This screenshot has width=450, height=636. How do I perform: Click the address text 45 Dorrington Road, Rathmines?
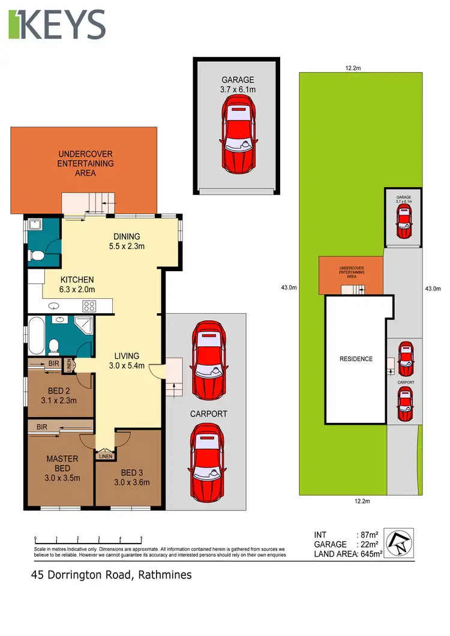[112, 575]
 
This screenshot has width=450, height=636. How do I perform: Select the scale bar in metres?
[88, 539]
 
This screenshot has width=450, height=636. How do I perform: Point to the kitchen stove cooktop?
[89, 306]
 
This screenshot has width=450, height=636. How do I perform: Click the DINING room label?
[126, 236]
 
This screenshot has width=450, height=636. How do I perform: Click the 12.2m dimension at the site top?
[353, 68]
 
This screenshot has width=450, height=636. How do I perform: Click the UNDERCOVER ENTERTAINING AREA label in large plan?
[85, 163]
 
